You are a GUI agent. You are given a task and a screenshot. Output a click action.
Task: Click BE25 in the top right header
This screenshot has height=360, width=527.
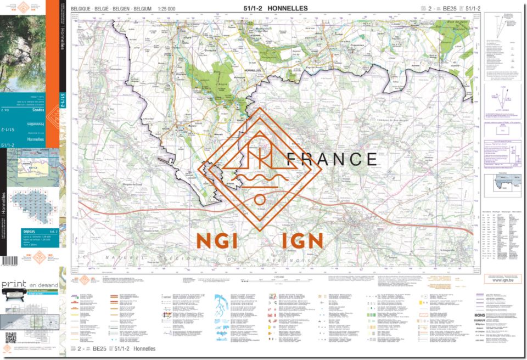click(x=450, y=9)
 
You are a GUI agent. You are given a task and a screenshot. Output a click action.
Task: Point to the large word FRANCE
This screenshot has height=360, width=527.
click(x=332, y=159)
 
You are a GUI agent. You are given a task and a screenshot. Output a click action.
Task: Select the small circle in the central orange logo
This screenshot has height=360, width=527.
click(x=259, y=199)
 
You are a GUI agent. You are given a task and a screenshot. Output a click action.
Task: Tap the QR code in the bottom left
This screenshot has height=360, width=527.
click(x=10, y=337)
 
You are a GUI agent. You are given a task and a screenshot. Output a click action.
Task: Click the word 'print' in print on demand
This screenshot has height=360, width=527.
click(x=14, y=285)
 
